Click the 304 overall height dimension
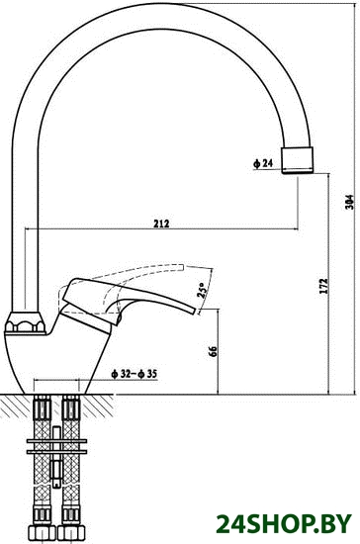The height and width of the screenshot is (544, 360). tap(351, 201)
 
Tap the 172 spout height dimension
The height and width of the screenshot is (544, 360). tap(323, 286)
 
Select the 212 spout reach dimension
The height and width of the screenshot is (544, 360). tap(161, 224)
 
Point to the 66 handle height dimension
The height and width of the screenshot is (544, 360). tap(213, 351)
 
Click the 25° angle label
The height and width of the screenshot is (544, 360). tap(201, 290)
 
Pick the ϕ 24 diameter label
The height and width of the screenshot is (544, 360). tap(263, 163)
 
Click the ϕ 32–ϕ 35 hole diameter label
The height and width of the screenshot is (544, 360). tap(134, 374)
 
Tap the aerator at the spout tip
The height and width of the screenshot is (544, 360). tap(298, 160)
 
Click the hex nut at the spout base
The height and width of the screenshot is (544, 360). tap(25, 323)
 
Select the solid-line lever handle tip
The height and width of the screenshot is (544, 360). tap(193, 310)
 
